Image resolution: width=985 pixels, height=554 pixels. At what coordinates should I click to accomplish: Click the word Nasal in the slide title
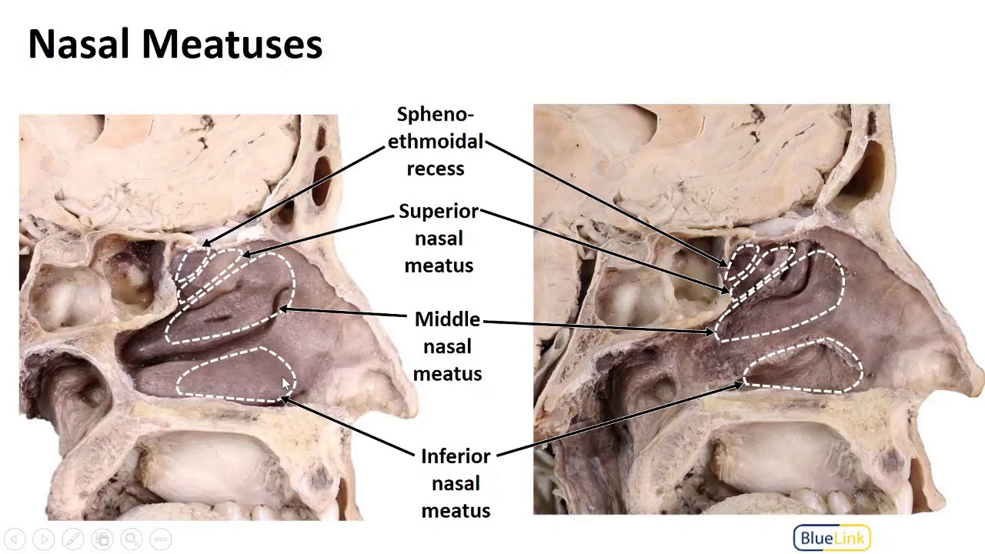point(78,44)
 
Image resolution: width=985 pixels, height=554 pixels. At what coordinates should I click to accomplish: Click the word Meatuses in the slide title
point(232,44)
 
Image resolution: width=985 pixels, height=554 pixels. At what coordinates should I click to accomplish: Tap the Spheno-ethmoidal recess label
point(436,142)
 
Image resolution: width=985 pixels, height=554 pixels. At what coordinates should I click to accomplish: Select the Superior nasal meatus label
point(439,239)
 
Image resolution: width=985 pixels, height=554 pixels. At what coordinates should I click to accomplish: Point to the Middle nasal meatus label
point(447,346)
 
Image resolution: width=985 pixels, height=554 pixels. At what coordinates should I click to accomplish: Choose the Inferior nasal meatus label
point(456,483)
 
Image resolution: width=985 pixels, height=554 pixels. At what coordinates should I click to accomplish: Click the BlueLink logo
point(832,538)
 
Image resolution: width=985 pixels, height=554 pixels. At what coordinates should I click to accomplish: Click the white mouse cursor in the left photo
point(286,384)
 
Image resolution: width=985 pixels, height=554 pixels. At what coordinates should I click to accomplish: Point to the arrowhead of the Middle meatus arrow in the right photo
point(711,333)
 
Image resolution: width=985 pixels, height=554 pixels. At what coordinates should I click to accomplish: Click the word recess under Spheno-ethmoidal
point(436,169)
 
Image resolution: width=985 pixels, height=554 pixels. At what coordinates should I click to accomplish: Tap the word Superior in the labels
point(439,212)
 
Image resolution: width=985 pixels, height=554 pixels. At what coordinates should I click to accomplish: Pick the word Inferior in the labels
point(456,456)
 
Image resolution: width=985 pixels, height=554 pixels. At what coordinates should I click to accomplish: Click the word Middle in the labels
point(447,319)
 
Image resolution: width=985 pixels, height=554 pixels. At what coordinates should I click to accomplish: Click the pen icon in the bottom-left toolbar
point(73,539)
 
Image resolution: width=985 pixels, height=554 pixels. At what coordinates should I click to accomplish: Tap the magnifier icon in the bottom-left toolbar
point(131,539)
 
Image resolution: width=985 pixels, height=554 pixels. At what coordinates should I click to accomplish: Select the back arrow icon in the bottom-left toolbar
point(15,539)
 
